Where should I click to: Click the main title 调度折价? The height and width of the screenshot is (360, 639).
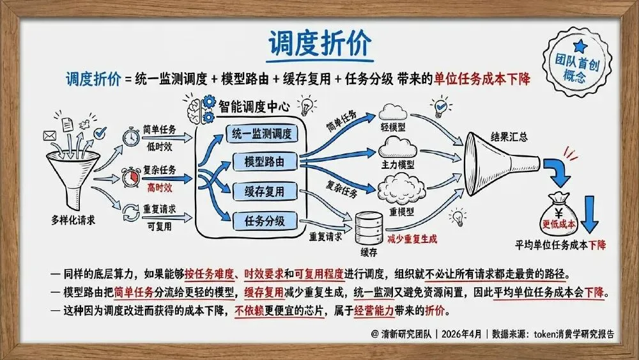320,43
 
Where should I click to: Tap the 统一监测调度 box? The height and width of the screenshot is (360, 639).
261,134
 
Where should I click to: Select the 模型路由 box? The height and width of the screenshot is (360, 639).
265,161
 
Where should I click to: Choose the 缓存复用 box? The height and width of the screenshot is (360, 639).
265,191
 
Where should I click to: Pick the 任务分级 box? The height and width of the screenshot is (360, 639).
265,221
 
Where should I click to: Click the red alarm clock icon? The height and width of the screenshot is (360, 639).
131,177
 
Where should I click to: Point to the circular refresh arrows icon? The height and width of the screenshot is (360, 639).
131,212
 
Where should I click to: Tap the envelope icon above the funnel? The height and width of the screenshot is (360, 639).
50,136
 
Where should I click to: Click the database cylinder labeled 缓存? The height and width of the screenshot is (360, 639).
369,228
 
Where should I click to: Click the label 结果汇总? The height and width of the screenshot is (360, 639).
509,137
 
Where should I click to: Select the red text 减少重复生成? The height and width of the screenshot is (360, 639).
412,239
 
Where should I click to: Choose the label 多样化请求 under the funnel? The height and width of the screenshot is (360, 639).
73,220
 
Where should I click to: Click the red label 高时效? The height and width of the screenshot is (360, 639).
160,187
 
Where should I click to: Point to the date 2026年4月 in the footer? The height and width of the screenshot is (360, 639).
461,334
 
